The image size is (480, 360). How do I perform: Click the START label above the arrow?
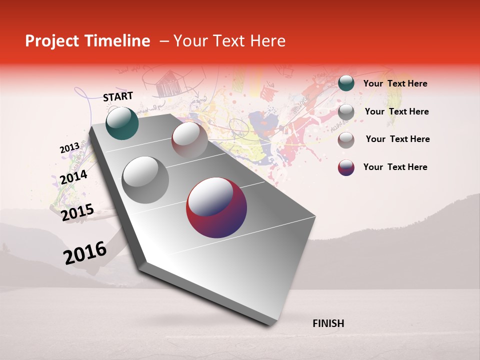(118, 96)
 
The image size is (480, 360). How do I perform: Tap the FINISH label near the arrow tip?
(328, 323)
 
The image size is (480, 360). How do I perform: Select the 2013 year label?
(69, 148)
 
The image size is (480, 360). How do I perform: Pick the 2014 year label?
(74, 177)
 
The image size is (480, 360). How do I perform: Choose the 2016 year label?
(85, 253)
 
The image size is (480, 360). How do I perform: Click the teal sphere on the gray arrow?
(122, 123)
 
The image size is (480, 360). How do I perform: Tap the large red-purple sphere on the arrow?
(216, 208)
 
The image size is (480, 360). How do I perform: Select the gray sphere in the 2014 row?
(145, 179)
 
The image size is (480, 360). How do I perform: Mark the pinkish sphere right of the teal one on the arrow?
(189, 139)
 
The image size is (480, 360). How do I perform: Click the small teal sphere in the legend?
(346, 83)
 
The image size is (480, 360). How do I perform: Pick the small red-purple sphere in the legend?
(346, 167)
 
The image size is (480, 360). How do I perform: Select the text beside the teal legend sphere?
(395, 83)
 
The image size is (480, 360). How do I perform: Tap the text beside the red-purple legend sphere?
(395, 167)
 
